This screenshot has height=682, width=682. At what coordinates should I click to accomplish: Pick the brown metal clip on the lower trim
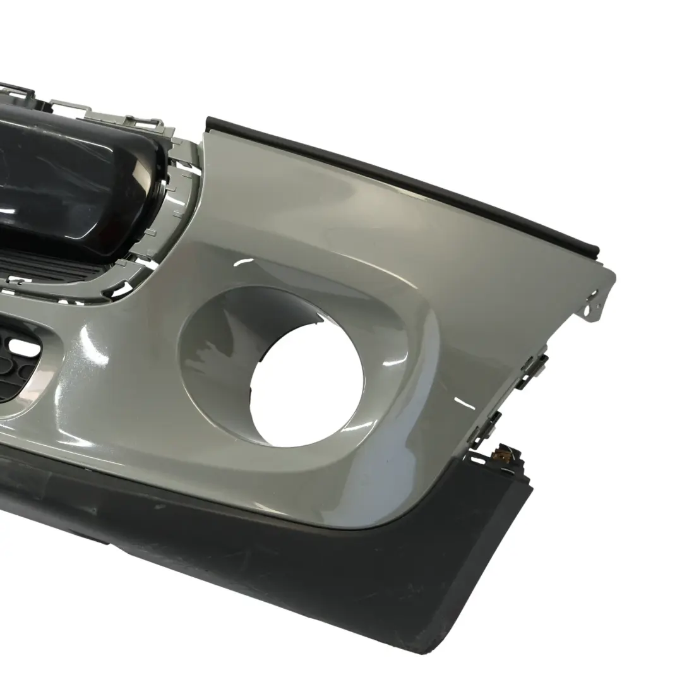(505, 452)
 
